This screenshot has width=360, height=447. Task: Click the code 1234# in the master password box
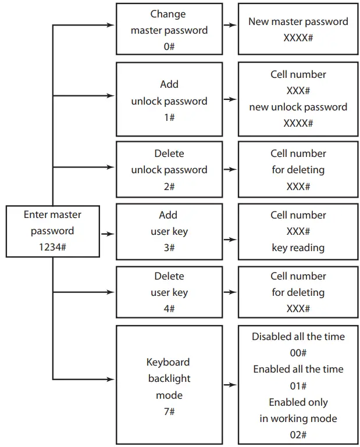pos(52,247)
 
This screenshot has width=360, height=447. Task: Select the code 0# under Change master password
pos(169,47)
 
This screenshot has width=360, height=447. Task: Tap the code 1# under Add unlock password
pos(169,117)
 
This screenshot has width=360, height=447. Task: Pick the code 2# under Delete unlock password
pos(169,187)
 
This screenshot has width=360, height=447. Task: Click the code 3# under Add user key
pos(169,248)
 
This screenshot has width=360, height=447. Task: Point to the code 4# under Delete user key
pos(169,309)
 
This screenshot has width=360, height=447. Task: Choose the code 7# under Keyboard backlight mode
pos(169,412)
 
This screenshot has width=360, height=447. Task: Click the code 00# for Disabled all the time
pos(298,353)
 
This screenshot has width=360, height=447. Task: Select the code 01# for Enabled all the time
pos(298,386)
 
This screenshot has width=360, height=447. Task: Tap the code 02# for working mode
pos(298,435)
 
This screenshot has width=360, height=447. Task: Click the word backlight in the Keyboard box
pos(169,378)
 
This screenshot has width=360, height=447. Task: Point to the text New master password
pos(298,22)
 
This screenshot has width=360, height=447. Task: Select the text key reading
pos(298,248)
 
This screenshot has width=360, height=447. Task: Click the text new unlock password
pos(298,107)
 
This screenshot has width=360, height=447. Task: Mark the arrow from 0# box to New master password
pos(230,26)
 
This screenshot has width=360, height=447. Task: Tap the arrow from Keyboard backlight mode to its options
pos(230,385)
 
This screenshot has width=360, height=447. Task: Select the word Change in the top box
pos(169,14)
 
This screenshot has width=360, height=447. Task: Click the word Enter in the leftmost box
pos(36,214)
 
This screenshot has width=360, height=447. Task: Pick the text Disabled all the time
pos(298,337)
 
